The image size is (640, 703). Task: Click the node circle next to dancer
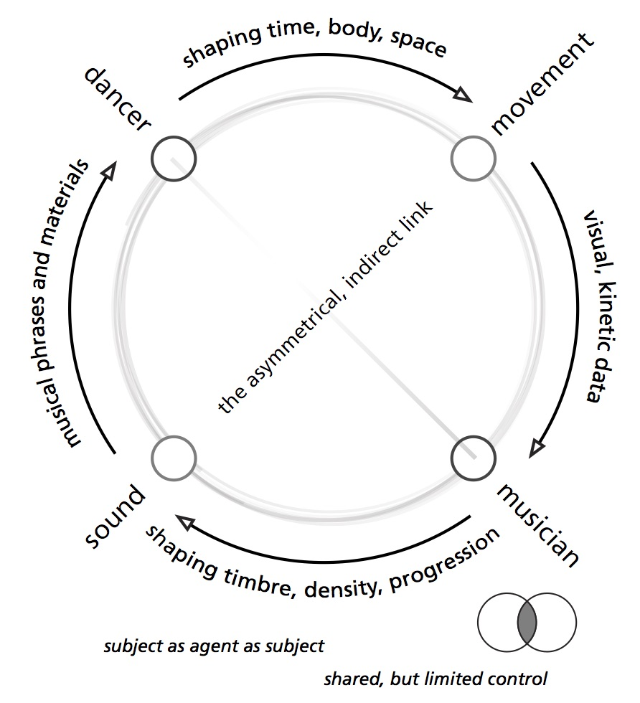click(x=174, y=158)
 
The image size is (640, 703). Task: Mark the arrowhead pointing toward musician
click(x=535, y=449)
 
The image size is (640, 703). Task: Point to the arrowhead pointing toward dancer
click(x=110, y=169)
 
